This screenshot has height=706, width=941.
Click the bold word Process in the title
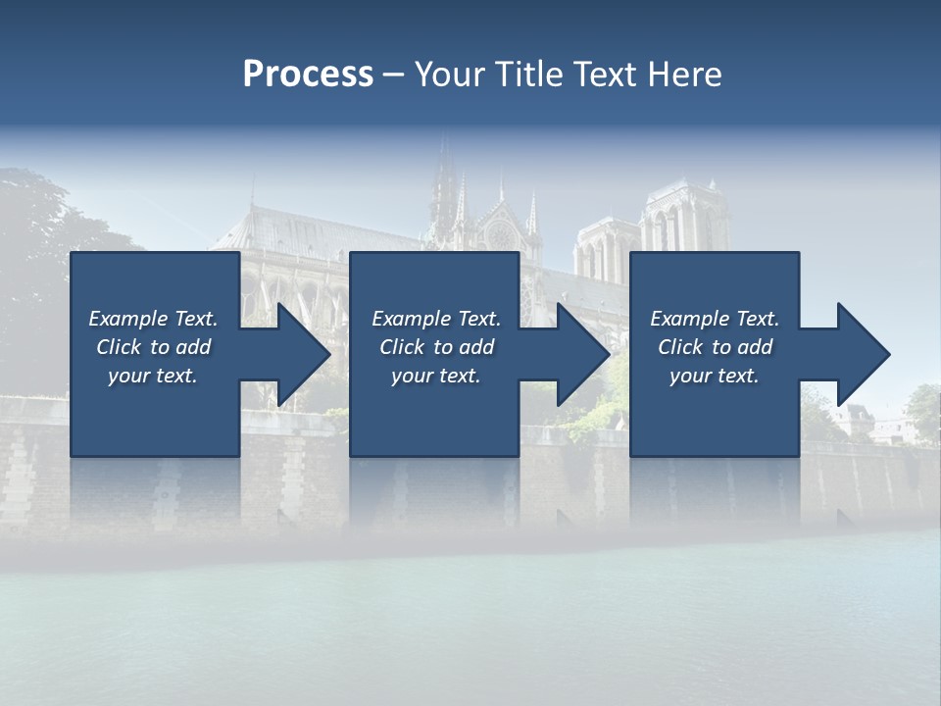click(x=308, y=75)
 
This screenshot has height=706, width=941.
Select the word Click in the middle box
click(x=402, y=347)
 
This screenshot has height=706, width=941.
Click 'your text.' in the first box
click(x=153, y=376)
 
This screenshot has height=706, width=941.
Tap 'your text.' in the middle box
click(x=436, y=376)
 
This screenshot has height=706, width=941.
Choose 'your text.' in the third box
click(x=715, y=376)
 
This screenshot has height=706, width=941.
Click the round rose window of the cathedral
click(x=501, y=235)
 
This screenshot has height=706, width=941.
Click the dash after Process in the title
click(x=393, y=75)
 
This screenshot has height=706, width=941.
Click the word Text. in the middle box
click(x=477, y=319)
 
